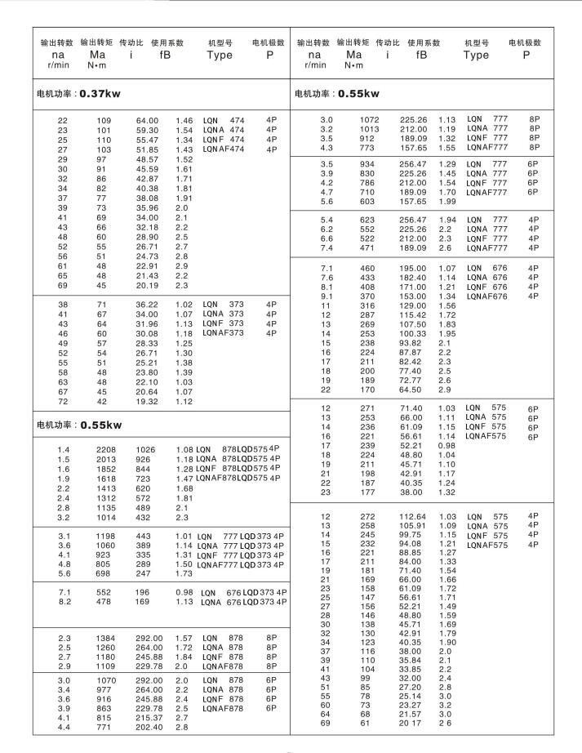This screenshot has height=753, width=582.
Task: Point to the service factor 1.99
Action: point(446,202)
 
